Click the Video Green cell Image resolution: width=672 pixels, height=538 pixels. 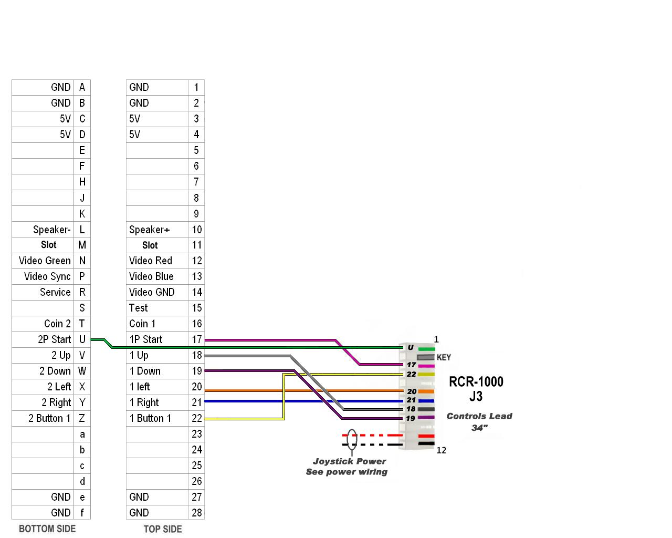coord(43,261)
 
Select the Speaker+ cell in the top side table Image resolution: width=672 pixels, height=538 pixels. coord(157,230)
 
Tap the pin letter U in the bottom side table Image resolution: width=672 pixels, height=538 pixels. coord(82,339)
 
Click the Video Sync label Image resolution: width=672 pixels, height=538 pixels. coord(47,276)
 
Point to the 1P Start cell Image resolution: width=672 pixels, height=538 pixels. coord(157,339)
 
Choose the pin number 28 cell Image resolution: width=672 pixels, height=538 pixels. coord(197,513)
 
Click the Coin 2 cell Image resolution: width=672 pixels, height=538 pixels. coord(43,324)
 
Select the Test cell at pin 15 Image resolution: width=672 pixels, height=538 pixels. coord(157,308)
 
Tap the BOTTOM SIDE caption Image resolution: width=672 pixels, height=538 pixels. coord(47,529)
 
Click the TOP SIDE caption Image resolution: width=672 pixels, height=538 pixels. coord(163,529)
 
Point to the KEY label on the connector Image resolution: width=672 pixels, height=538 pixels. coord(444,357)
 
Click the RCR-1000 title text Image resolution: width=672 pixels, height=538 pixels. coord(476,381)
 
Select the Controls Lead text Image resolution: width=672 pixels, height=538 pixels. coord(479,416)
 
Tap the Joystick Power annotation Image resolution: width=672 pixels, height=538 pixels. coord(350,461)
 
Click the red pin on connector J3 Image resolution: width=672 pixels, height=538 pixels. coord(426,436)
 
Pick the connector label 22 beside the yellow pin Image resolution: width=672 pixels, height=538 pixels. coord(411,374)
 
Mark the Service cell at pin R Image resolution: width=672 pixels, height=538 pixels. coord(43,292)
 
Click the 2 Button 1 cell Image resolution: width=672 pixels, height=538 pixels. coord(43,418)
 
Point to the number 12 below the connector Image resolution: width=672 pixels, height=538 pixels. coord(441,450)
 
